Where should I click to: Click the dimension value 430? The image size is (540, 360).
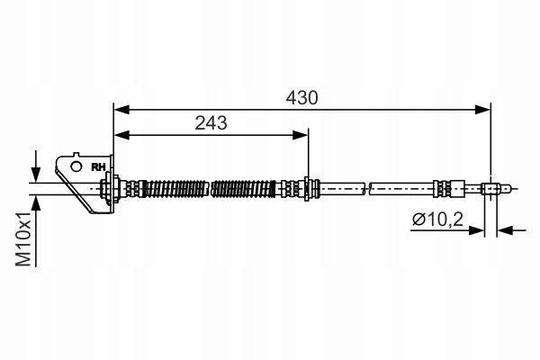(x=301, y=98)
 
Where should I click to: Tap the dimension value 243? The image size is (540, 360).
(x=211, y=123)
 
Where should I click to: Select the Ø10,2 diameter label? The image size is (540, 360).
(x=437, y=219)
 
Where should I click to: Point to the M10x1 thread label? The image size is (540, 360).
(x=23, y=238)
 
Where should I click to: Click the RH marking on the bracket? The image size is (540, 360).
(x=98, y=167)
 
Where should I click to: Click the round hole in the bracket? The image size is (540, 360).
(x=76, y=166)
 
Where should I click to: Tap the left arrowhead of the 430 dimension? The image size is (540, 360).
(x=121, y=110)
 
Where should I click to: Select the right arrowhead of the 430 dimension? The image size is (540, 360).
(x=482, y=110)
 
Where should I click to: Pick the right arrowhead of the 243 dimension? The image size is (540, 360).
(x=300, y=135)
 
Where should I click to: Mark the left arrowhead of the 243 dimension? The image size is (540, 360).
(x=121, y=135)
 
